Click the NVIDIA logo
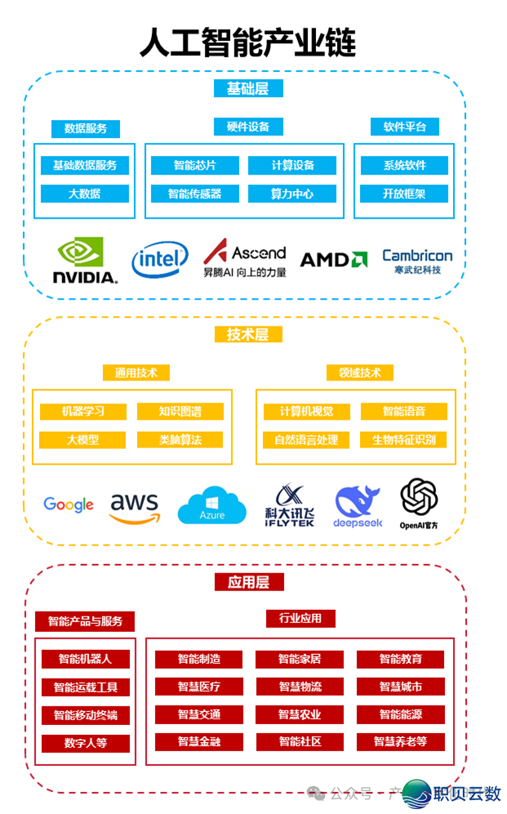[84, 260]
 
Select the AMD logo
[333, 260]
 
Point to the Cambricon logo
[417, 260]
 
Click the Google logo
[69, 505]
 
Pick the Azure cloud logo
[211, 506]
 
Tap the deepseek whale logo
[357, 507]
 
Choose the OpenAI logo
[419, 503]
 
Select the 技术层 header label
[247, 334]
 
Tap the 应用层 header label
[249, 581]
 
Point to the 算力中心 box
[292, 193]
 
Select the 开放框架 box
[404, 193]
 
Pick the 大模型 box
[82, 439]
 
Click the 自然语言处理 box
[306, 439]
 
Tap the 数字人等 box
[85, 743]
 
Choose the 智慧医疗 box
[198, 687]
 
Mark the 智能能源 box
[400, 714]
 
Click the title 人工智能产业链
[247, 42]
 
